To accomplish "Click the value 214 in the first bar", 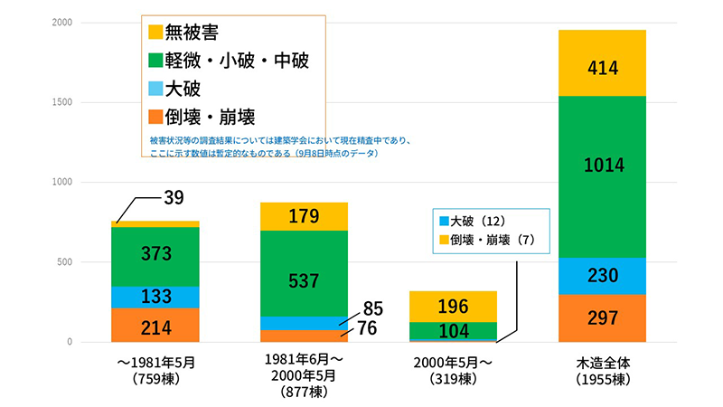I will (155, 326).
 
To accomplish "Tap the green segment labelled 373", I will (155, 254).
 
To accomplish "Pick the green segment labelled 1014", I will (602, 165).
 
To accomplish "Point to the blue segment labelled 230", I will (602, 276).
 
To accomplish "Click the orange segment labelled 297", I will (602, 318).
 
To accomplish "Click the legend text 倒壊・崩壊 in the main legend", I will (213, 117).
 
